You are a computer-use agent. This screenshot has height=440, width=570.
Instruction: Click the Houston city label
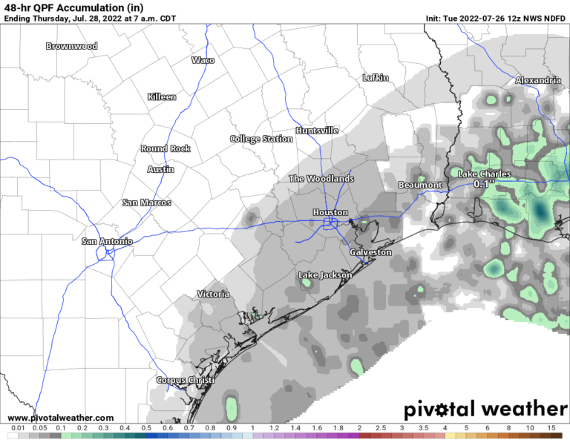[330, 212]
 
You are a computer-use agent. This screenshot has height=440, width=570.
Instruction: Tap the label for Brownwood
[71, 46]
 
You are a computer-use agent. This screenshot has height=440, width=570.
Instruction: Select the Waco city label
[203, 60]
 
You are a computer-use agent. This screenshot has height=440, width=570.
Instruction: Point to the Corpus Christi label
[185, 381]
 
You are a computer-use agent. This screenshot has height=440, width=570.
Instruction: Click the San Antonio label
[107, 241]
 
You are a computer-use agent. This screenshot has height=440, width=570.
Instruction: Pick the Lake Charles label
[487, 174]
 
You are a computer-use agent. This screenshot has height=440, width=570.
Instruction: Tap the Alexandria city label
[537, 79]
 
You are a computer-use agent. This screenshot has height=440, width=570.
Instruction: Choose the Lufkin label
[376, 77]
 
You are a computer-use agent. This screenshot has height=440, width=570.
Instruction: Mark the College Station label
[261, 139]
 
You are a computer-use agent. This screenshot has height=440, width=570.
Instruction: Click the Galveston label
[370, 252]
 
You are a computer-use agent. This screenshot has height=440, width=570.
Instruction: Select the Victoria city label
[213, 295]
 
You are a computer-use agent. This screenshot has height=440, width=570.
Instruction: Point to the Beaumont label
[420, 185]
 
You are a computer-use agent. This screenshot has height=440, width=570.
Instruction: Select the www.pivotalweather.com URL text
[61, 418]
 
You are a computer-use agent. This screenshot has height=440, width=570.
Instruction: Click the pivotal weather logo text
[485, 409]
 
